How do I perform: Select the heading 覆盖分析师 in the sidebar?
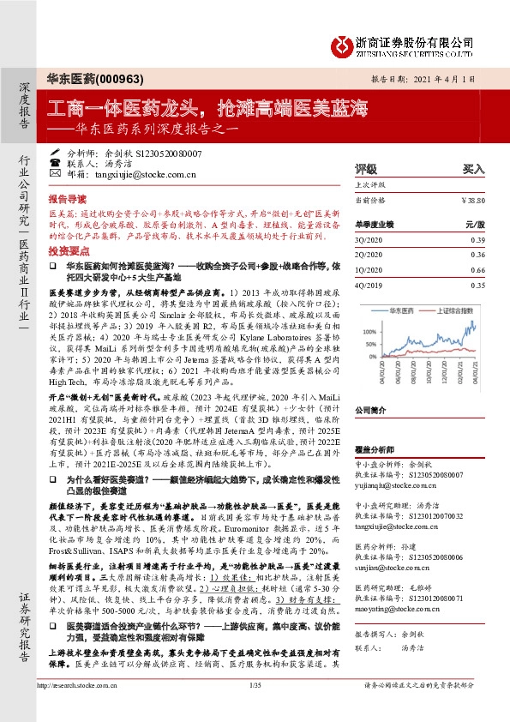[375, 448]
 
